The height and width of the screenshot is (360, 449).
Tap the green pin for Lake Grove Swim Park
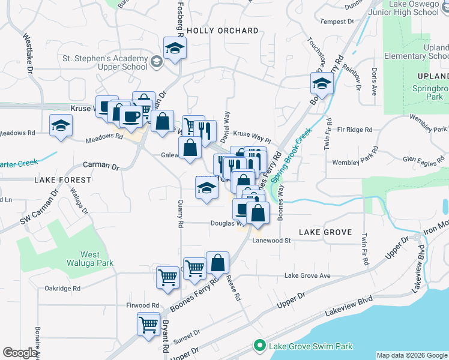pos(260,346)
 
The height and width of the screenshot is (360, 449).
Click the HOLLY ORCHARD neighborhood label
pos(222,31)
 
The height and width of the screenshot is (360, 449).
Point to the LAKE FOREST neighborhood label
pos(63,180)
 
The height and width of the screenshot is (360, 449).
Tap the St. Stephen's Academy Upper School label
pos(105,62)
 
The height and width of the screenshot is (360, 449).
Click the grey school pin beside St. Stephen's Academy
pos(156,61)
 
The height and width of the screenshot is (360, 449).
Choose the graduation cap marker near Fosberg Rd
pos(175,49)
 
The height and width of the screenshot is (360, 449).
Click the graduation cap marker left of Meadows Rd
pos(60,126)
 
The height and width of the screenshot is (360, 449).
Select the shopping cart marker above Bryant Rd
pos(148,325)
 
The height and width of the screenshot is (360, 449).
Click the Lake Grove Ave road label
pos(307,276)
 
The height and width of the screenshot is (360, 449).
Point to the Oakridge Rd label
pos(62,289)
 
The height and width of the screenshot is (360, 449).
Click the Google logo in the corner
pos(20,353)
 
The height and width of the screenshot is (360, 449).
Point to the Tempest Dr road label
pos(337,22)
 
